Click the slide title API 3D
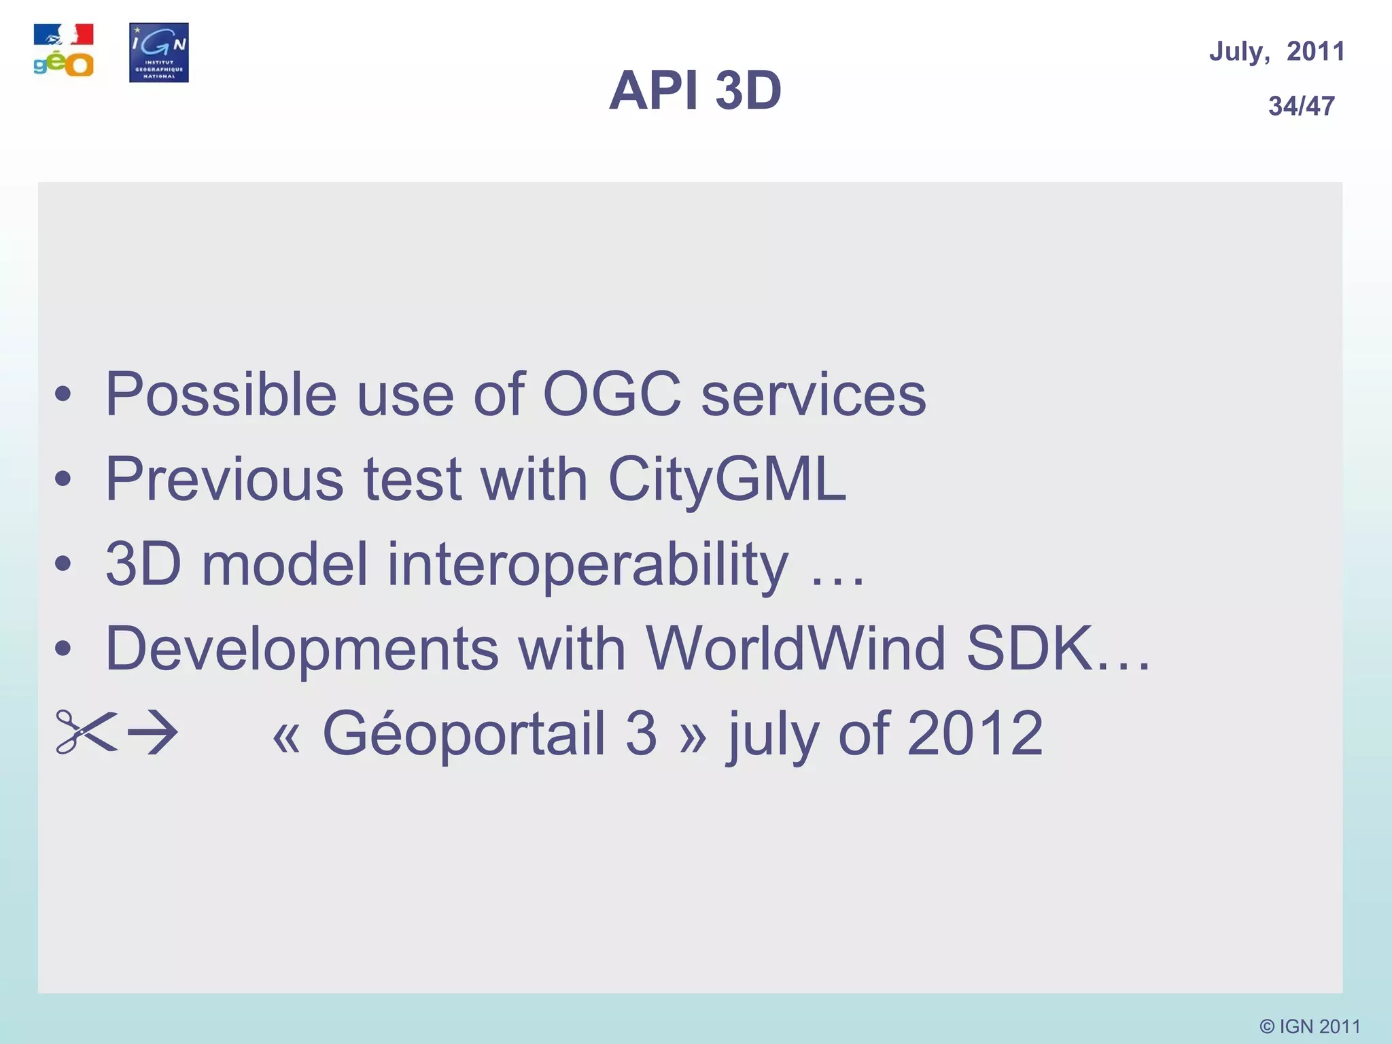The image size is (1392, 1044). point(695,90)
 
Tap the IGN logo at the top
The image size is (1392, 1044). point(158,52)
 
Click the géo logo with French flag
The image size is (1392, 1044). point(63,51)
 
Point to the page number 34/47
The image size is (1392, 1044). point(1301,106)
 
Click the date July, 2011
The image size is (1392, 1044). point(1276,52)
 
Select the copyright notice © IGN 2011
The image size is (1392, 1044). point(1310,1026)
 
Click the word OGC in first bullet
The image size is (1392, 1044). point(612,394)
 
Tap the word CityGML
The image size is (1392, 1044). point(727,479)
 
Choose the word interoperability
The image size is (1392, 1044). point(588,564)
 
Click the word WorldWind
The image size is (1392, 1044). point(795,648)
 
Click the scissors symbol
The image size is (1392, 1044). point(85,732)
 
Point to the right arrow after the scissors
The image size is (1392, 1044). point(154,732)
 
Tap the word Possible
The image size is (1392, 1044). point(221,395)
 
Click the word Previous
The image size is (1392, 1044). point(224,479)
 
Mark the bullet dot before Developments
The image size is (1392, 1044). point(63,648)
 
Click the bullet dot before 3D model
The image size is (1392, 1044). point(63,564)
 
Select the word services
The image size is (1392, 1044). point(813,395)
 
